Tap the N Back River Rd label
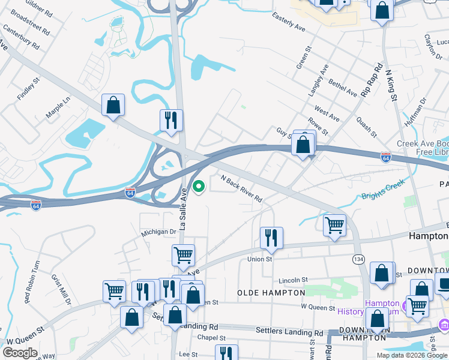point(242,188)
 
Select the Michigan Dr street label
point(158,232)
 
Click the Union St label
point(260,259)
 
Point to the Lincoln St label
point(294,280)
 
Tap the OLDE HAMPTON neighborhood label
point(271,293)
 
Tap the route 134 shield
point(358,259)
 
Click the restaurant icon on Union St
point(271,238)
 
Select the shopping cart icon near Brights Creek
point(334,226)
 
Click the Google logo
point(20,353)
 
